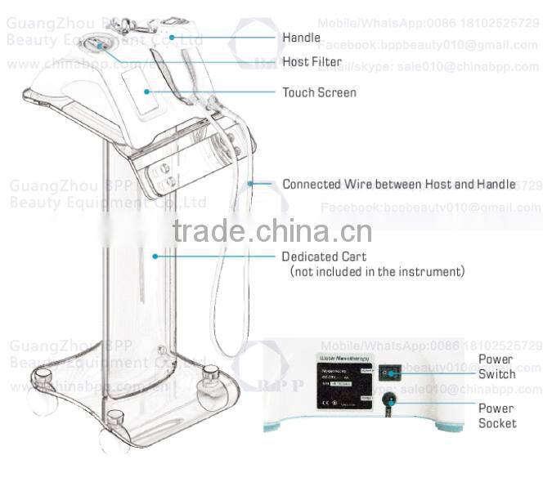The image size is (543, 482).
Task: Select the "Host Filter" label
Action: (x=312, y=62)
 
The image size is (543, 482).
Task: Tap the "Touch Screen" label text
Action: (x=319, y=92)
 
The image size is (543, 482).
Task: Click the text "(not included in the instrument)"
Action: (x=377, y=270)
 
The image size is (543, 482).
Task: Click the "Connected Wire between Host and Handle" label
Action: (x=399, y=185)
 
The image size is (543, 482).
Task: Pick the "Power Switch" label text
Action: (x=496, y=367)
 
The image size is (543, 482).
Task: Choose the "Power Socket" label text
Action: (x=497, y=416)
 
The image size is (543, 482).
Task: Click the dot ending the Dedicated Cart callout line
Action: (x=155, y=255)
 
